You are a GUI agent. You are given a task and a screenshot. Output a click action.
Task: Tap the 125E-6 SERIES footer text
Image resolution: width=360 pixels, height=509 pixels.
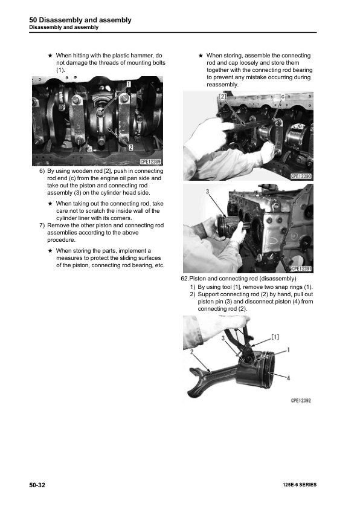[x=299, y=485]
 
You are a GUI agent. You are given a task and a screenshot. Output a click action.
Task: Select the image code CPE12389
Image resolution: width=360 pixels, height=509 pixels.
[x=150, y=161]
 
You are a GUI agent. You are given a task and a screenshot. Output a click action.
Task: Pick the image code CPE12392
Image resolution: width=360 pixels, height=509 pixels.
[x=300, y=400]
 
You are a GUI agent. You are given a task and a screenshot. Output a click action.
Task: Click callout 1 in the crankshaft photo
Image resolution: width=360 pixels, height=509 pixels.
[x=129, y=84]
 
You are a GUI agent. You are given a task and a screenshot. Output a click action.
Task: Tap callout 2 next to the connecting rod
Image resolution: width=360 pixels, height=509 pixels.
[x=191, y=351]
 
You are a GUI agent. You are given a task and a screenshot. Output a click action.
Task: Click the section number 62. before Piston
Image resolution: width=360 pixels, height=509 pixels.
[x=185, y=277]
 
